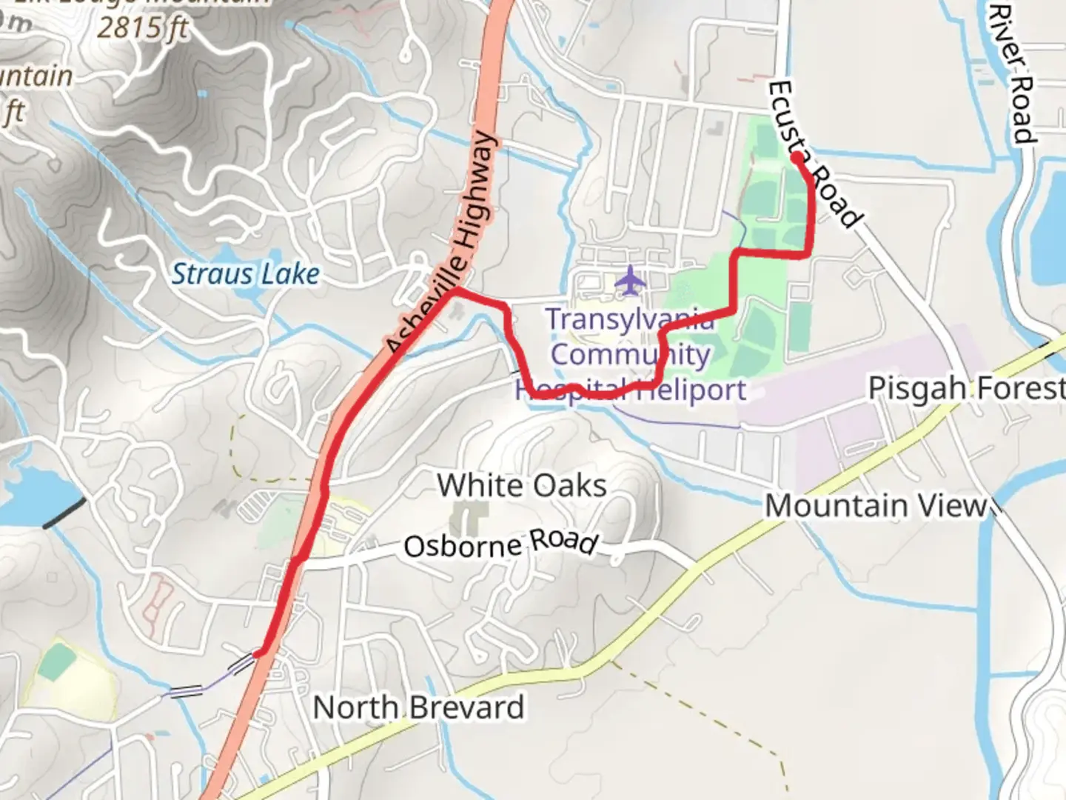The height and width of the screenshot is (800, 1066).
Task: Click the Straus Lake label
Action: point(246,275)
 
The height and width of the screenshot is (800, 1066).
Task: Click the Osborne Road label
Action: point(500,544)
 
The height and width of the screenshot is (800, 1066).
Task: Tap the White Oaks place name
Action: point(522,486)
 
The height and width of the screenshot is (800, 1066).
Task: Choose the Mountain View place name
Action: point(876,506)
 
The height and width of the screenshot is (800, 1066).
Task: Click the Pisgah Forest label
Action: point(966,388)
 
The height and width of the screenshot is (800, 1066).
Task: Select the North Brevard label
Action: point(418,707)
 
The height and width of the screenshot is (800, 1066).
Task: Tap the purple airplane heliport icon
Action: point(630,281)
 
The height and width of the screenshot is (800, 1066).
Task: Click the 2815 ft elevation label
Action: point(144,28)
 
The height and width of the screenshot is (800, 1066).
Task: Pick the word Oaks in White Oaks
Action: point(570,486)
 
